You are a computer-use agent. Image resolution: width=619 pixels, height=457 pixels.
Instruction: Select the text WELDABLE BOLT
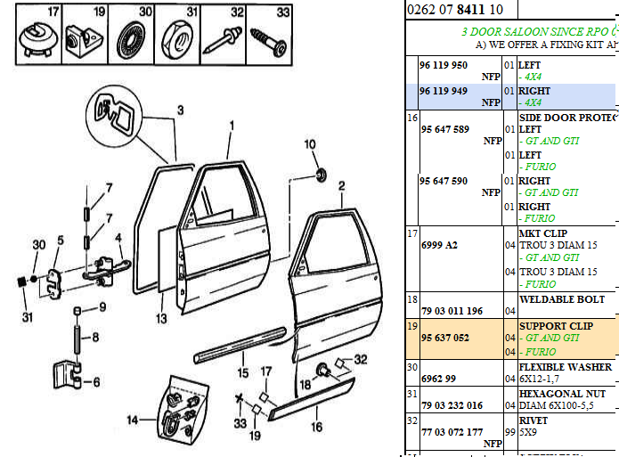pos(561,300)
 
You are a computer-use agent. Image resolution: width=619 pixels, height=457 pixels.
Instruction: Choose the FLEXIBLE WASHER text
pos(565,367)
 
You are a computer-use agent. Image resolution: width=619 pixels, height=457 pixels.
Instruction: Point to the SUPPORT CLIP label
pos(556,326)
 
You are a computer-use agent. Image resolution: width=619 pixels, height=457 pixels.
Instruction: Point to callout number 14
pos(131,420)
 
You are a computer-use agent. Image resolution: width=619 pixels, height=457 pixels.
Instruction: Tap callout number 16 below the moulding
pos(315,428)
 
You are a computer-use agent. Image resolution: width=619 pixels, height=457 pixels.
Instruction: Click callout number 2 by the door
pos(340,185)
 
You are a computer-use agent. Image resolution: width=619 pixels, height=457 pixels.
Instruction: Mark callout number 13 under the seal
pos(160,318)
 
